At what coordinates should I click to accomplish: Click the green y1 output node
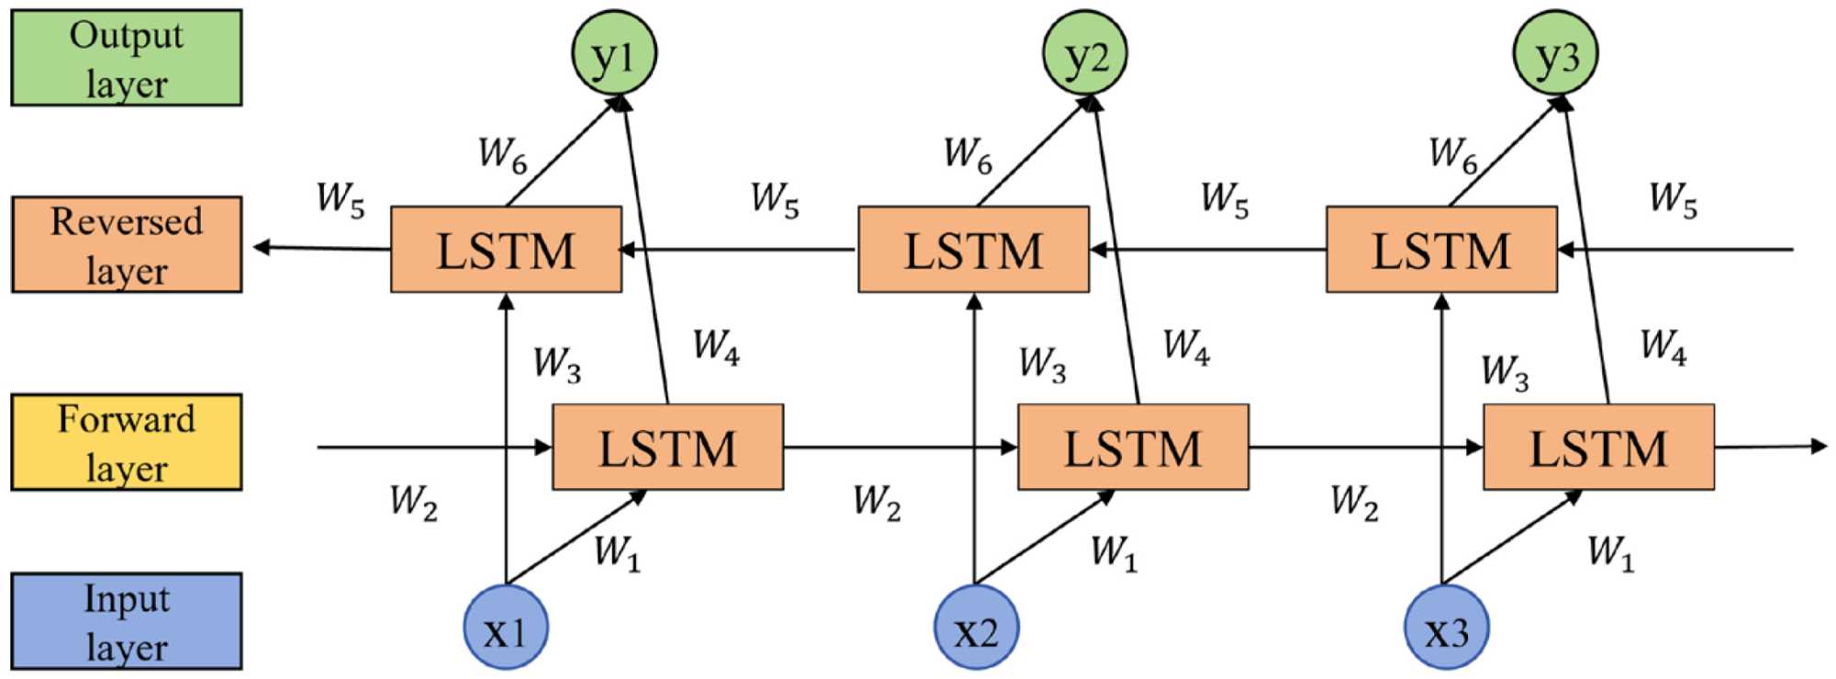[x=614, y=52]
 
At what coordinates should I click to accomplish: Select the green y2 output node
[x=1085, y=52]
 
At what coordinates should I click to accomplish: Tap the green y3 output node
[x=1556, y=52]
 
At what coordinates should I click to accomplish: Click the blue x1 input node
[x=506, y=628]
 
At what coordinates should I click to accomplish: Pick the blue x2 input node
[x=976, y=628]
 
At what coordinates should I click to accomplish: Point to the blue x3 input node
[x=1447, y=628]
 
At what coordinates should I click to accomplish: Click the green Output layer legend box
[x=127, y=58]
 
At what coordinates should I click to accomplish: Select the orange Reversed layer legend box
[x=127, y=244]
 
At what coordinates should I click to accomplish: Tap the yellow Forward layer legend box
[x=127, y=442]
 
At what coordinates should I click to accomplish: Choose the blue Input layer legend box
[x=127, y=621]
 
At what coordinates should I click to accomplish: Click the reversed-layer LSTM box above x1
[x=506, y=250]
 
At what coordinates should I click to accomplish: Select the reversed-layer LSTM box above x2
[x=973, y=250]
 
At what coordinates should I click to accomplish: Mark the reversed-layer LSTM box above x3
[x=1441, y=250]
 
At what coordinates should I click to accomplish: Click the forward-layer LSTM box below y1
[x=667, y=447]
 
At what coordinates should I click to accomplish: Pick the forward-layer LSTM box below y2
[x=1133, y=447]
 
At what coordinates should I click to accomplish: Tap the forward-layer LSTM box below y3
[x=1598, y=447]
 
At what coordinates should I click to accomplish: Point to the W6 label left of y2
[x=968, y=154]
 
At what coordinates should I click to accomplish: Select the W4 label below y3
[x=1663, y=347]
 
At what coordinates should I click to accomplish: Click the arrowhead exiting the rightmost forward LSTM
[x=1819, y=447]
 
